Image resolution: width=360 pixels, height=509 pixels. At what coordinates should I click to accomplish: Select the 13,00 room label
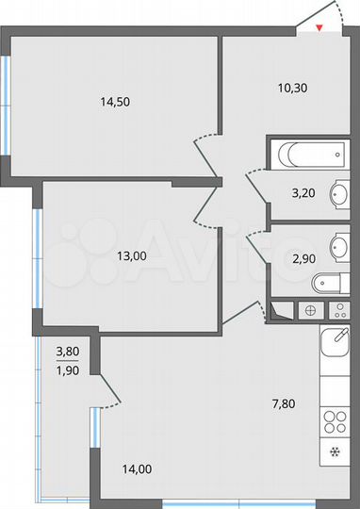[x=130, y=255]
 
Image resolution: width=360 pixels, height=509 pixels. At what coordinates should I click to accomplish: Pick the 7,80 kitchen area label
[x=284, y=403]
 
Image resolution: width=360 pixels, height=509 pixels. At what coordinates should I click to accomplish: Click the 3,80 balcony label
[x=67, y=352]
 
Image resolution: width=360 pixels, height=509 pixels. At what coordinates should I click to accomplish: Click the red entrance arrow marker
[x=319, y=27]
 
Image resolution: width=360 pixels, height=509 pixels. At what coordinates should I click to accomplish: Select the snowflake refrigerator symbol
[x=335, y=452]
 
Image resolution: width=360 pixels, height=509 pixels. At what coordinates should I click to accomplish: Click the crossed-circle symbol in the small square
[x=309, y=310]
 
